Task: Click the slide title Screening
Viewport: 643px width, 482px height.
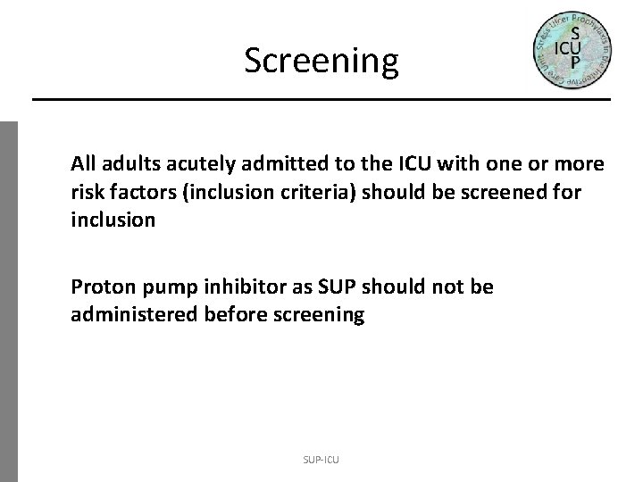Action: (321, 61)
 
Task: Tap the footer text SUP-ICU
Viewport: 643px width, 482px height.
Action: (321, 460)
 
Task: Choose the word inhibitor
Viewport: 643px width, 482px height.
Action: (239, 288)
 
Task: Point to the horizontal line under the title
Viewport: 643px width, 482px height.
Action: (321, 98)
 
